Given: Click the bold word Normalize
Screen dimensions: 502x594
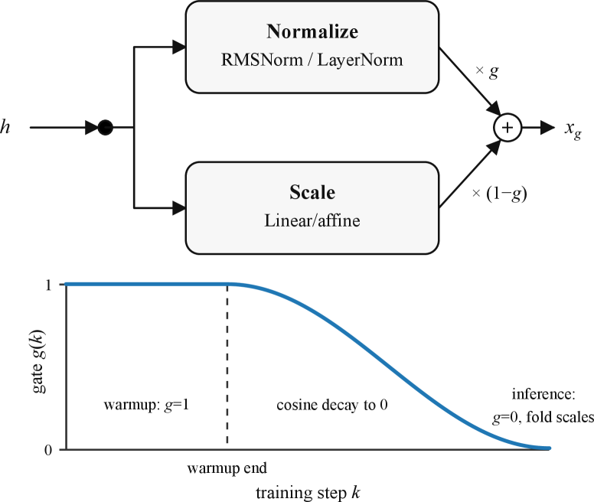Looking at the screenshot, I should tap(312, 32).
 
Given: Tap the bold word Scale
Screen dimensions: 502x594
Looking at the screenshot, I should tap(312, 191).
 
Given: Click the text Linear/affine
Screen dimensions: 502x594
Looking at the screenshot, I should tap(312, 220).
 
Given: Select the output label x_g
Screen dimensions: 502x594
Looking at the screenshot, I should tap(572, 129).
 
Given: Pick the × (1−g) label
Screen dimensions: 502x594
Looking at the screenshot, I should tap(500, 194).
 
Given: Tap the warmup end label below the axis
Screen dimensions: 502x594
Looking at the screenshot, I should tap(227, 467).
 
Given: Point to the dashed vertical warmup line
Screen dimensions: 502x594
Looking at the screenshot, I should tap(227, 367).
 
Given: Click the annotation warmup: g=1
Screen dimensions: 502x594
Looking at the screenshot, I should tap(145, 404).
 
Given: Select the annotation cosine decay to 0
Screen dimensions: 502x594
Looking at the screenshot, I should tap(331, 404).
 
